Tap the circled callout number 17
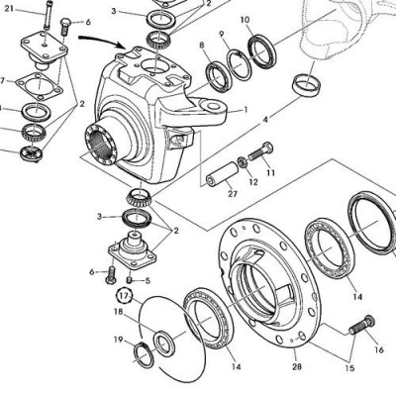pyautogui.click(x=125, y=295)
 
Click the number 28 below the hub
pyautogui.click(x=296, y=367)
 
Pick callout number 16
pyautogui.click(x=377, y=348)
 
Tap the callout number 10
pyautogui.click(x=245, y=20)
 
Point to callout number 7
pyautogui.click(x=3, y=80)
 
